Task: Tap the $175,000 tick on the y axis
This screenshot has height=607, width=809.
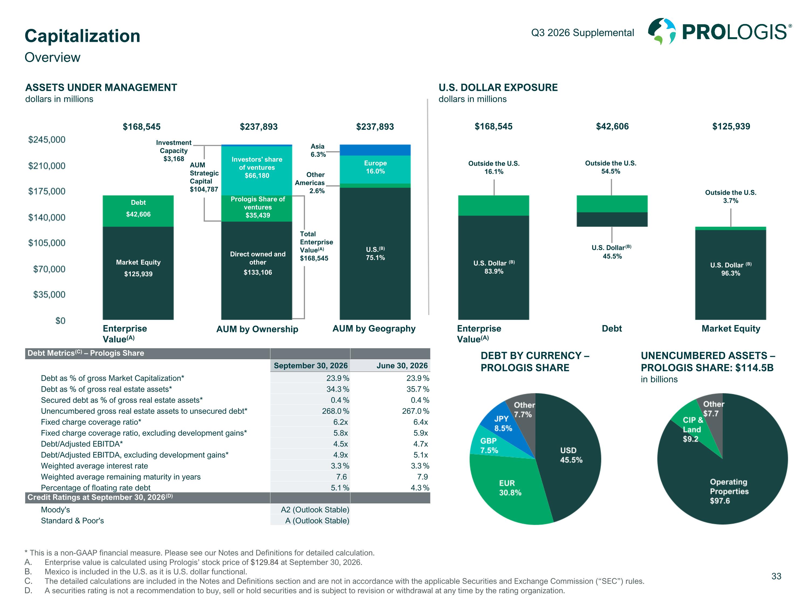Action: (x=47, y=191)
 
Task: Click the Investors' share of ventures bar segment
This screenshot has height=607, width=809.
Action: (x=257, y=170)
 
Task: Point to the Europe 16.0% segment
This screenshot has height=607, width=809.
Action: (x=375, y=169)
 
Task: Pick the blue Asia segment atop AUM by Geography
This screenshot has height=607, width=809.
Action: (x=375, y=150)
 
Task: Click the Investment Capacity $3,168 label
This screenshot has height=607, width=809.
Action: (x=174, y=150)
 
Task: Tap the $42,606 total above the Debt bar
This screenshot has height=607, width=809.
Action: (x=612, y=127)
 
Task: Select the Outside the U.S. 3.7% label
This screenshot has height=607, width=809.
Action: (x=731, y=196)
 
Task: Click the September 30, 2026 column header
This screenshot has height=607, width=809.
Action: (x=310, y=366)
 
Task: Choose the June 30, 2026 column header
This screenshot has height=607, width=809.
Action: (x=402, y=366)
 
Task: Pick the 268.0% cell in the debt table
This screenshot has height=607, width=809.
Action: (x=335, y=411)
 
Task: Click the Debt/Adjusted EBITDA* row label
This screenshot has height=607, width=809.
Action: (x=82, y=444)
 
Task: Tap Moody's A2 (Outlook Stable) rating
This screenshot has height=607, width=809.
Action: (x=315, y=510)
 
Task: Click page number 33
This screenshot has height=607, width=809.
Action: (x=776, y=576)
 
